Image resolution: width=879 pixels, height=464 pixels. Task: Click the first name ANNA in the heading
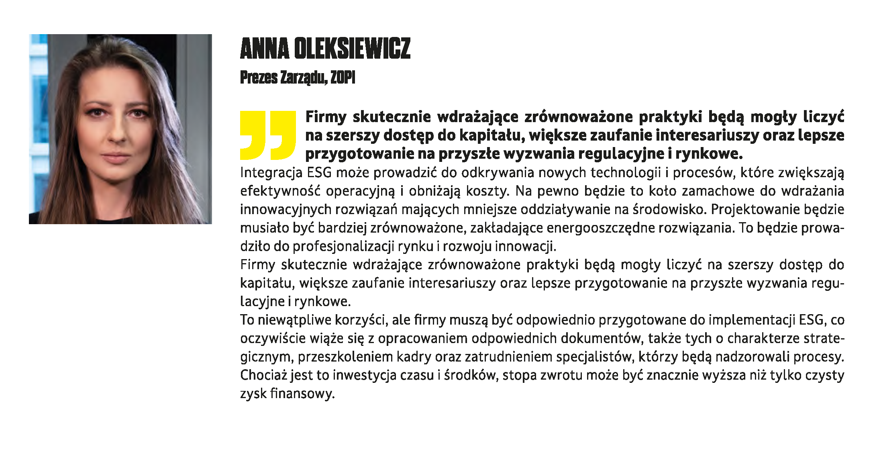(265, 49)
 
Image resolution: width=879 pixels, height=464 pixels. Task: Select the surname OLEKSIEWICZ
(352, 49)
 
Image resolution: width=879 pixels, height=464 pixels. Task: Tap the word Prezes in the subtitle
(259, 78)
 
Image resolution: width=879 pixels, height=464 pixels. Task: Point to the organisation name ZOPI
(343, 78)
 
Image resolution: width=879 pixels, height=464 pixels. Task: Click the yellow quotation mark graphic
(268, 135)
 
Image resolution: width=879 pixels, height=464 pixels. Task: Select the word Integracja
(271, 173)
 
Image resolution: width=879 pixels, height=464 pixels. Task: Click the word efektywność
(280, 191)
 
